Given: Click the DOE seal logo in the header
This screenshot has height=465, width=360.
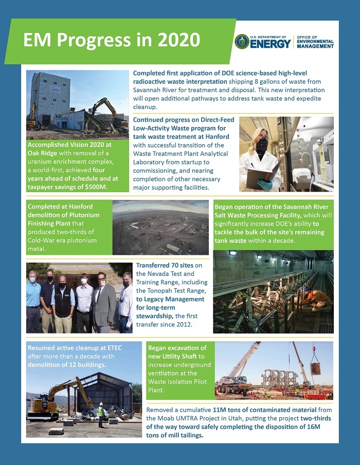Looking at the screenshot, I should coord(242,42).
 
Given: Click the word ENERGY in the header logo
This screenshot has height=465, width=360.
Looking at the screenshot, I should coord(271,44).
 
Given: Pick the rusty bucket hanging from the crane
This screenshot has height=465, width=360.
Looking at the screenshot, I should coord(315,368).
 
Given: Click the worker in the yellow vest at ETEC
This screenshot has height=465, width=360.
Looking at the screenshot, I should coord(101,414).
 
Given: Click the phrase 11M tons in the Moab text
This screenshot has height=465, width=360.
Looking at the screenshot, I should coord(227,410).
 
